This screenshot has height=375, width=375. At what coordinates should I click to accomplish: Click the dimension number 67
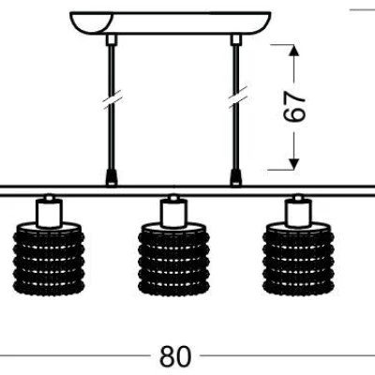(294, 106)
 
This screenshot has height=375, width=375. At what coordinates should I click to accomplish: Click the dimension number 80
(175, 356)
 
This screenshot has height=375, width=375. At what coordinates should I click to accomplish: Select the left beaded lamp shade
(49, 259)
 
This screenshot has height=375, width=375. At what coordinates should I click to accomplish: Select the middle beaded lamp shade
(173, 259)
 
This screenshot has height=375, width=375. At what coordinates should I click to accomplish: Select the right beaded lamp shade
(298, 259)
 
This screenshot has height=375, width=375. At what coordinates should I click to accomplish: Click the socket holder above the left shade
(49, 213)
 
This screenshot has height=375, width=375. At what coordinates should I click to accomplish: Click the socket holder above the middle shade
(173, 213)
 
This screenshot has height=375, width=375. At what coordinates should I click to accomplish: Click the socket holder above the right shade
(298, 213)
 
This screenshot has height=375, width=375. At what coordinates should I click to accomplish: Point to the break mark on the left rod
(112, 100)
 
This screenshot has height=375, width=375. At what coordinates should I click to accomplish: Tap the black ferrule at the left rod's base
(112, 178)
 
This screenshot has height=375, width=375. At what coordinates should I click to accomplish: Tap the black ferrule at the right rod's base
(236, 178)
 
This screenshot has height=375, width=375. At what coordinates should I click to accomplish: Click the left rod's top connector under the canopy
(112, 39)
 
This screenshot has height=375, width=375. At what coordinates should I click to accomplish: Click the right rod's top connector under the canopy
(236, 39)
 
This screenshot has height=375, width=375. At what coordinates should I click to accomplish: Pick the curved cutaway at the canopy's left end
(91, 23)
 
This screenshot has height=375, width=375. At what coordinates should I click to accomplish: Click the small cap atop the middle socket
(173, 198)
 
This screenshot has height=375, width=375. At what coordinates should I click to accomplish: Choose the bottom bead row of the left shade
(49, 288)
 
